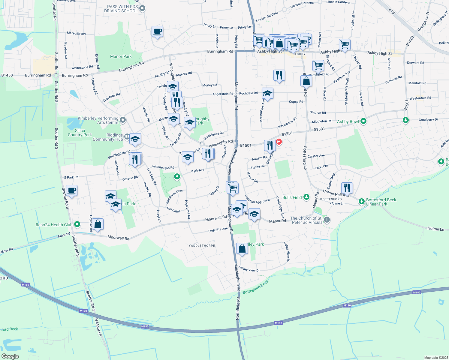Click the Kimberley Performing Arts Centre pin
tap(122, 120)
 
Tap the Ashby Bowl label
tap(348, 121)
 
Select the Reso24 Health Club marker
tap(77, 224)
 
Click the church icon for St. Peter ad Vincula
tap(327, 220)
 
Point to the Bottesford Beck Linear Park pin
tap(362, 202)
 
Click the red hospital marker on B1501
tap(279, 142)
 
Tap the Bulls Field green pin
tap(306, 197)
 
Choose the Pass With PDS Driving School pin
tap(143, 8)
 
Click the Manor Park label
tap(121, 56)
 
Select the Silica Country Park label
tap(80, 133)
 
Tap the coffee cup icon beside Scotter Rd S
tap(71, 190)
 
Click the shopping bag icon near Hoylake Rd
tap(98, 224)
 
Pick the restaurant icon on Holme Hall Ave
tap(347, 188)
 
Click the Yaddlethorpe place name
tap(202, 246)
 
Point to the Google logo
tap(10, 356)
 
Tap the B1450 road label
tap(7, 75)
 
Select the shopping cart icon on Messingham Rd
tap(233, 188)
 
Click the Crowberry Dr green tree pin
tap(406, 120)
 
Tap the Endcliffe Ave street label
tap(218, 230)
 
